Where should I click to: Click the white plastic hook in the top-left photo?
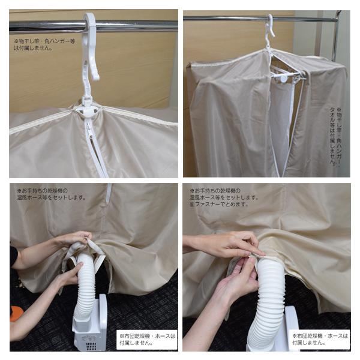tap(90, 48)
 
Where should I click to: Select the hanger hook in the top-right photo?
tap(269, 30)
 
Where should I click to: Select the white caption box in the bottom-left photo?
tap(147, 340)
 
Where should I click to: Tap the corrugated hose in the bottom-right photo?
tap(268, 306)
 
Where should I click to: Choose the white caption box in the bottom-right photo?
tap(320, 340)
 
